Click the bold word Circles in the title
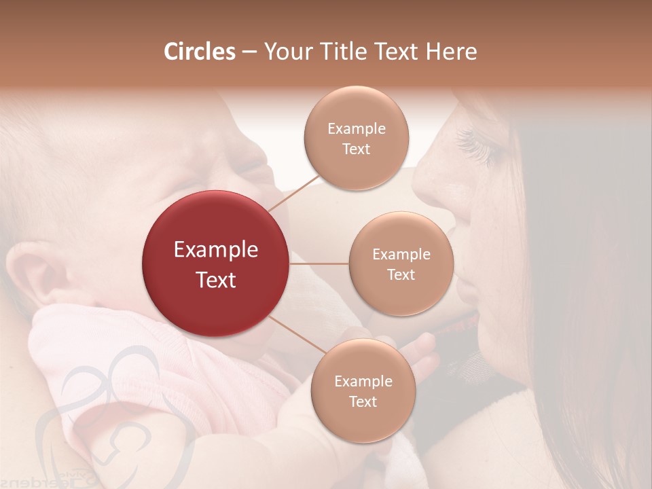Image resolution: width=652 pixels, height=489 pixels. [199, 52]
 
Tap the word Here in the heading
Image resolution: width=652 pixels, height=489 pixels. [452, 52]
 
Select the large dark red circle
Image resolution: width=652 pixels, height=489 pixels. [216, 264]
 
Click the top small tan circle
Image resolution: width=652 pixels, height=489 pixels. [356, 138]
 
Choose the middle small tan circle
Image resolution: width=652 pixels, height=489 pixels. [401, 264]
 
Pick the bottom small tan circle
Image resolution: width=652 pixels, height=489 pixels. [363, 391]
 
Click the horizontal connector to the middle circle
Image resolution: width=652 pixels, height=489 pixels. [319, 264]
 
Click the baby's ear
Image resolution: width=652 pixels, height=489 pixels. [37, 272]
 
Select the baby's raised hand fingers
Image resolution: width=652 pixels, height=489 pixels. [421, 353]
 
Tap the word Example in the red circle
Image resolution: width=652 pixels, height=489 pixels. [216, 250]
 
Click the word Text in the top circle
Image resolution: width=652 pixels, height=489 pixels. [356, 149]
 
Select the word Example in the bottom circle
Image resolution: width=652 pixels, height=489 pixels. [363, 381]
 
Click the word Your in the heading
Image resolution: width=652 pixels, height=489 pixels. [287, 52]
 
